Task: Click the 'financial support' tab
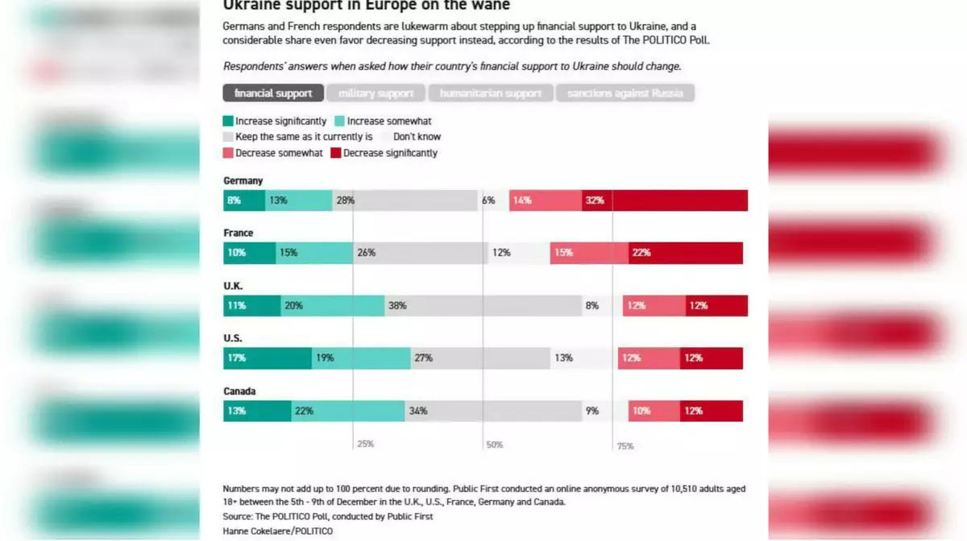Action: [273, 93]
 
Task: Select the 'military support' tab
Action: [376, 93]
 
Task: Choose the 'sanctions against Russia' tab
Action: [625, 93]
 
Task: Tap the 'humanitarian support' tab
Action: [490, 93]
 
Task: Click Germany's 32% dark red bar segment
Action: [665, 200]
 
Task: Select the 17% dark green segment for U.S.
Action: [268, 358]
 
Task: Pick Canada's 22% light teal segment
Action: [348, 411]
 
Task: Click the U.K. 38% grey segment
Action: [483, 306]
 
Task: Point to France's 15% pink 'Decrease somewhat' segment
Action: [589, 253]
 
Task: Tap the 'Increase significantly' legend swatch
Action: [229, 122]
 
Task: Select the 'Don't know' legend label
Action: [417, 137]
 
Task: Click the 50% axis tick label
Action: [494, 444]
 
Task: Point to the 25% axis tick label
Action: [365, 444]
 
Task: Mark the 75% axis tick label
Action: [625, 446]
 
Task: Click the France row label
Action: [238, 233]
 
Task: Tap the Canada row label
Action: [239, 391]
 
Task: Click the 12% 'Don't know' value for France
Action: [501, 253]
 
